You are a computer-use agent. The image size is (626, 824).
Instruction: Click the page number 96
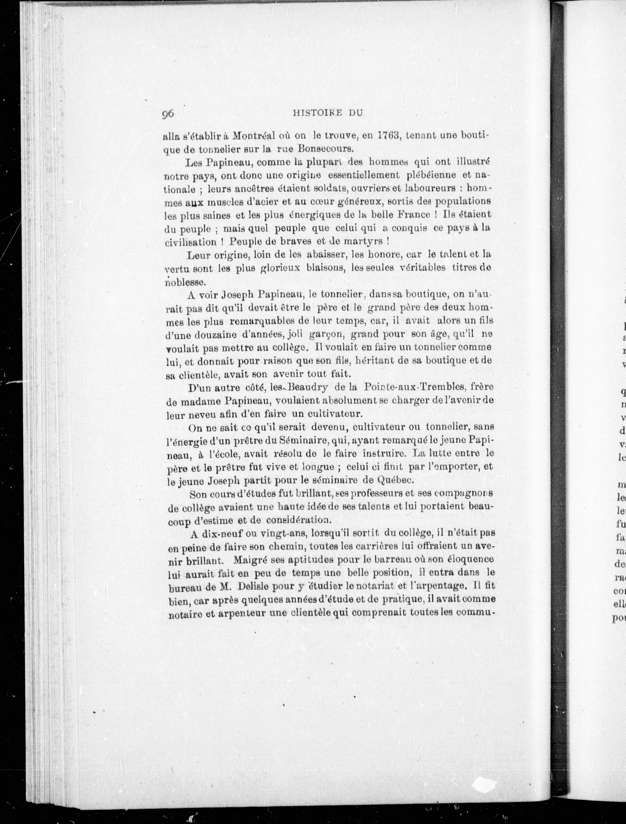click(168, 114)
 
